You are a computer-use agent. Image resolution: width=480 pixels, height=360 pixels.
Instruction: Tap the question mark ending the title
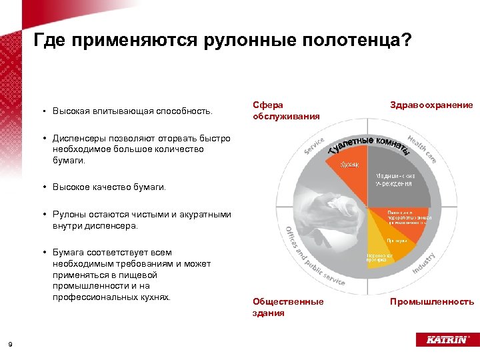click(407, 41)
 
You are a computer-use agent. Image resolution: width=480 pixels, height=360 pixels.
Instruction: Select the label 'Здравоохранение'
click(431, 105)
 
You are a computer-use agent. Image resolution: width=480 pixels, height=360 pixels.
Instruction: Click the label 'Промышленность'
click(432, 302)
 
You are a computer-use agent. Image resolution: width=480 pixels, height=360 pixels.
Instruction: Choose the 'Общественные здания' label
click(288, 307)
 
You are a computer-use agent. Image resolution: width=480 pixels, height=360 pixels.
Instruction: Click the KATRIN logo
click(442, 339)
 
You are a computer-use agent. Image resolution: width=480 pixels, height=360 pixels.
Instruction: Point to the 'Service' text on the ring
click(314, 147)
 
